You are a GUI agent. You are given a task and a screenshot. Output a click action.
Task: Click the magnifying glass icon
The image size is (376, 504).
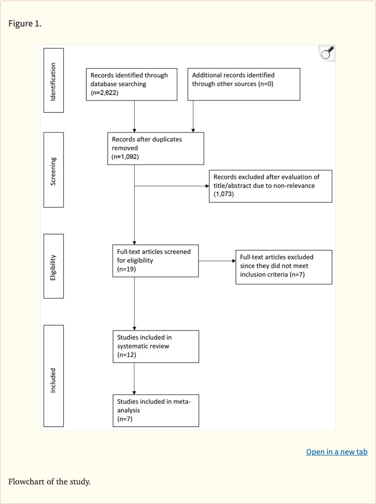click(327, 53)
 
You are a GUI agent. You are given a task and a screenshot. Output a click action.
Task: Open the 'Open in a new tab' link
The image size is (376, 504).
click(336, 452)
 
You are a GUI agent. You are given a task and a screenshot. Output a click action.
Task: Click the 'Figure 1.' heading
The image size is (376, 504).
click(25, 24)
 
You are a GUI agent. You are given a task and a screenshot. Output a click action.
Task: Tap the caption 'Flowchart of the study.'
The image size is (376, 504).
click(49, 481)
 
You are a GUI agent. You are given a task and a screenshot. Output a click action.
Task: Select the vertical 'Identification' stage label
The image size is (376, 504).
click(53, 81)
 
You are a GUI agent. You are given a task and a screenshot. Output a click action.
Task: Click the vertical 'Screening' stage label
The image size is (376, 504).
click(53, 170)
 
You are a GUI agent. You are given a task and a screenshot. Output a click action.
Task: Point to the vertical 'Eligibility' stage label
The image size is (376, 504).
click(53, 266)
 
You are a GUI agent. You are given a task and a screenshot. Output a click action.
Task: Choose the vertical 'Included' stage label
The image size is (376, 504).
click(53, 376)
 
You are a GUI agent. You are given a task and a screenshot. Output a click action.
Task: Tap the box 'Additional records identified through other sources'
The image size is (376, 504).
click(243, 84)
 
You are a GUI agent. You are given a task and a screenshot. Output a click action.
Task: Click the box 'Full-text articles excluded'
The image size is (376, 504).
click(283, 267)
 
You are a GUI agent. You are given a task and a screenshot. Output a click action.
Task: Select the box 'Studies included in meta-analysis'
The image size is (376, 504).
click(155, 410)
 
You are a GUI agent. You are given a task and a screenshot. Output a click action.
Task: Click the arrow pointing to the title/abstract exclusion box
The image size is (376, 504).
click(171, 186)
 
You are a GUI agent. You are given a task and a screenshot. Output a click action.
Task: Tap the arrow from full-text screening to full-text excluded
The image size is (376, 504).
click(217, 261)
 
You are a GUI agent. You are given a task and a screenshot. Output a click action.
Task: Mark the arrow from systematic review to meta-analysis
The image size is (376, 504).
click(134, 378)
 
